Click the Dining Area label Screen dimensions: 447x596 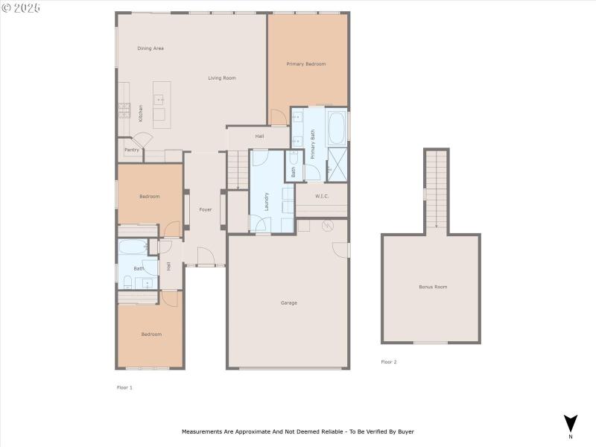click(x=150, y=48)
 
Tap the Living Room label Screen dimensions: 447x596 click(x=221, y=78)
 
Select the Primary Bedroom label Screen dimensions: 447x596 click(x=306, y=64)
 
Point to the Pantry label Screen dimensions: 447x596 click(x=132, y=150)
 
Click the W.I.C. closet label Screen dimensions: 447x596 click(x=322, y=197)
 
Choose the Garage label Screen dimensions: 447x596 click(x=288, y=302)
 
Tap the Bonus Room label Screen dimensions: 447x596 click(x=433, y=287)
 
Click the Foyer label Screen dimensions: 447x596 click(x=206, y=209)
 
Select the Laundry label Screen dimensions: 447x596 click(x=266, y=202)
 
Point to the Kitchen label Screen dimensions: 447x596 click(x=141, y=112)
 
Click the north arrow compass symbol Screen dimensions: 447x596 click(x=571, y=423)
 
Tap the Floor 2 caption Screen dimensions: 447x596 click(x=389, y=362)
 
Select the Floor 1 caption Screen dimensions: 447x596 click(x=124, y=387)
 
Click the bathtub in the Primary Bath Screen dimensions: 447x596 click(x=337, y=127)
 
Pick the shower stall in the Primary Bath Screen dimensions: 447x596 click(x=337, y=164)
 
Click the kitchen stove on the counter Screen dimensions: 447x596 click(x=124, y=111)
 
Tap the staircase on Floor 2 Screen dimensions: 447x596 click(x=437, y=190)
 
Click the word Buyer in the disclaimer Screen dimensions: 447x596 click(x=405, y=431)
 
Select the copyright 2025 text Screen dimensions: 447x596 click(x=22, y=7)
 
